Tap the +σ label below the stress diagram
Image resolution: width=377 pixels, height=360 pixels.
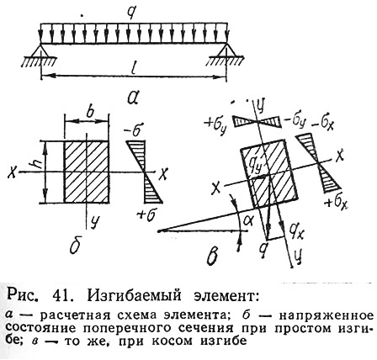click(x=146, y=215)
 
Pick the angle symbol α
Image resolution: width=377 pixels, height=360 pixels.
click(x=247, y=220)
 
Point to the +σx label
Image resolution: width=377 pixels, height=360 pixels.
click(x=336, y=203)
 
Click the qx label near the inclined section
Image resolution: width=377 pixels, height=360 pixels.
click(x=296, y=231)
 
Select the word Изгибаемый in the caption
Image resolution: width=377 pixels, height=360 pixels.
click(x=134, y=296)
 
